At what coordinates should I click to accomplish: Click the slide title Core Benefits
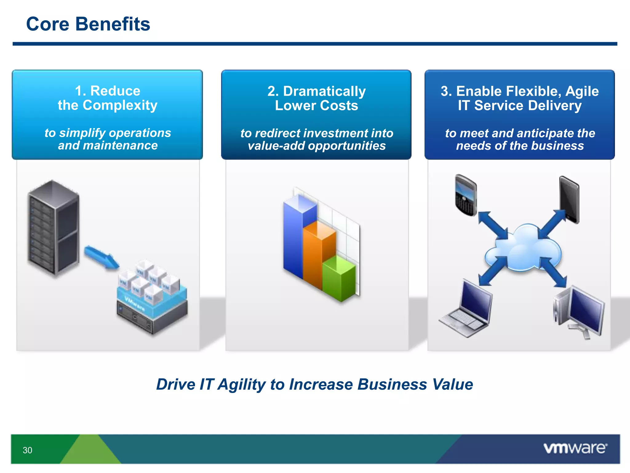88,24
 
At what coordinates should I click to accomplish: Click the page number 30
27,450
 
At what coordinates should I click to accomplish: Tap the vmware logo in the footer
575,448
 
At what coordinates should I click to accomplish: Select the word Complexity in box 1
120,105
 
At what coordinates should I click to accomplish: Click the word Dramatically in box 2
324,91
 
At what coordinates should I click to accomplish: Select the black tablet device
569,200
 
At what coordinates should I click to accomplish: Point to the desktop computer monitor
584,311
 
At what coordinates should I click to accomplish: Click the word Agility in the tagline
242,384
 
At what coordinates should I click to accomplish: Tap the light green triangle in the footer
90,451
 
